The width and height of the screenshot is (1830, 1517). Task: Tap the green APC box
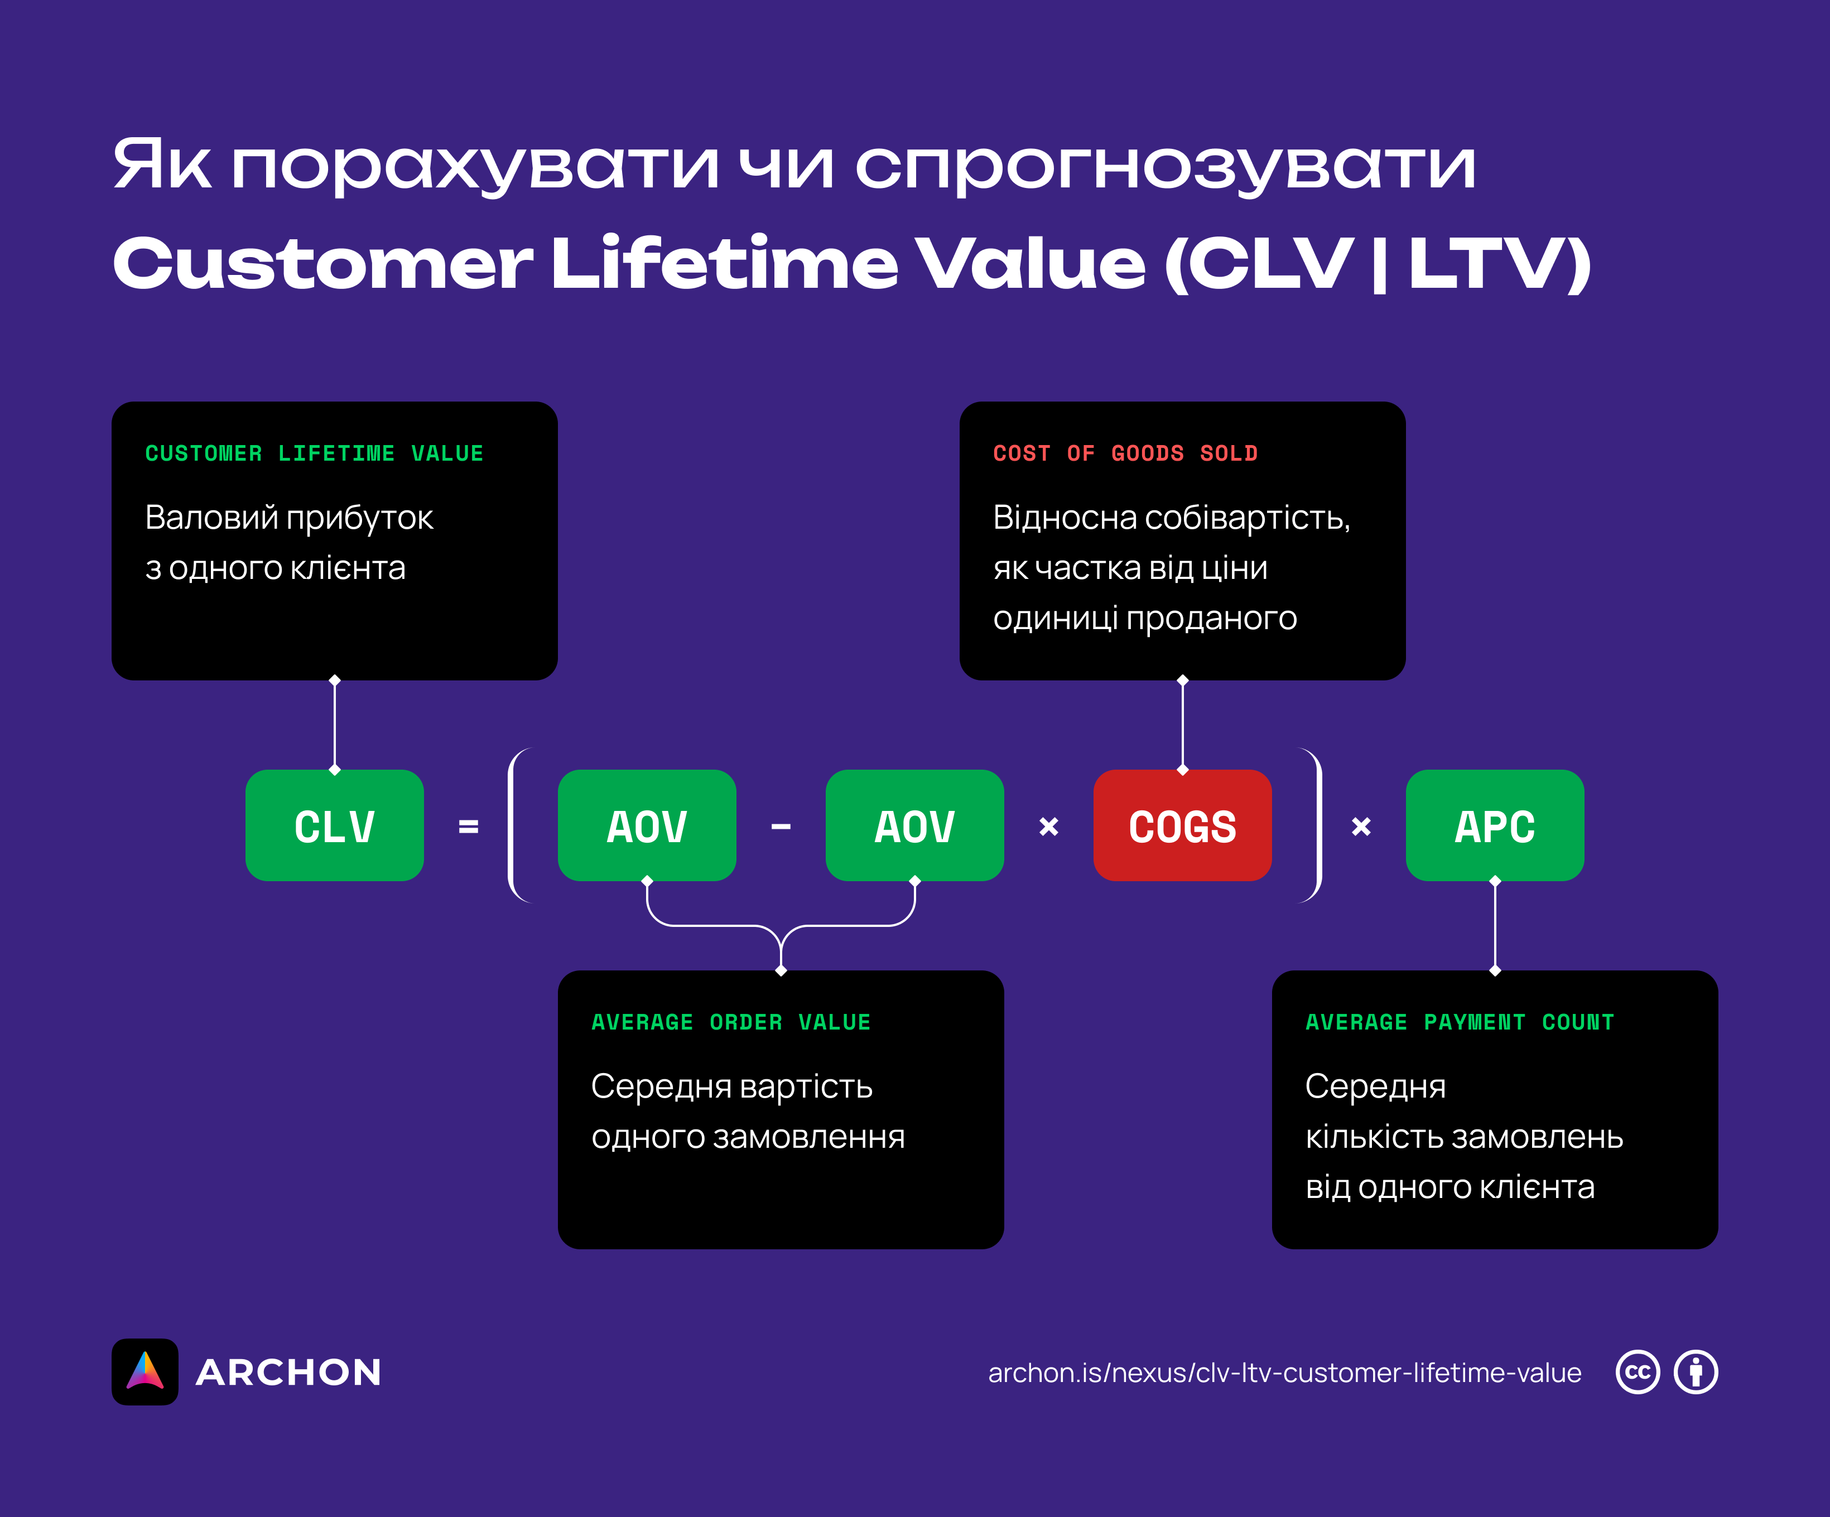coord(1495,825)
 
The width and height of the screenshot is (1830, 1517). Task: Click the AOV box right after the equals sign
coord(647,825)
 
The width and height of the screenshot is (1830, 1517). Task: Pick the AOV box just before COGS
coord(914,825)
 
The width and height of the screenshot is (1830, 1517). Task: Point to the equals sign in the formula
coord(468,826)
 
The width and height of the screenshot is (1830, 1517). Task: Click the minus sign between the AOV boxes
coord(781,826)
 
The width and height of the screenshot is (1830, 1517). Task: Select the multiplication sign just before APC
coord(1361,826)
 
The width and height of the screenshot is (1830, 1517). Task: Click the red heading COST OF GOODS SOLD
coord(1125,453)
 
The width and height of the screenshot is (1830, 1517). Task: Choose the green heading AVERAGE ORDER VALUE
coord(730,1022)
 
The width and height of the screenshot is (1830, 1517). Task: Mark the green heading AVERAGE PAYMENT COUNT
coord(1460,1022)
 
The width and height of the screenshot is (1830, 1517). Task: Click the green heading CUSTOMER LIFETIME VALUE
coord(314,453)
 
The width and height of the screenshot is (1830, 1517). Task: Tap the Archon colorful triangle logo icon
coord(145,1371)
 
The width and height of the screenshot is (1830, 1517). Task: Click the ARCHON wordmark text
coord(288,1373)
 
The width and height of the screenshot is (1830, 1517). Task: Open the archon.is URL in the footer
coord(1284,1373)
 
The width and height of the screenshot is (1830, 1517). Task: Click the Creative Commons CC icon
coord(1638,1373)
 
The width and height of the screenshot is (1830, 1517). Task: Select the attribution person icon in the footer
coord(1696,1373)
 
